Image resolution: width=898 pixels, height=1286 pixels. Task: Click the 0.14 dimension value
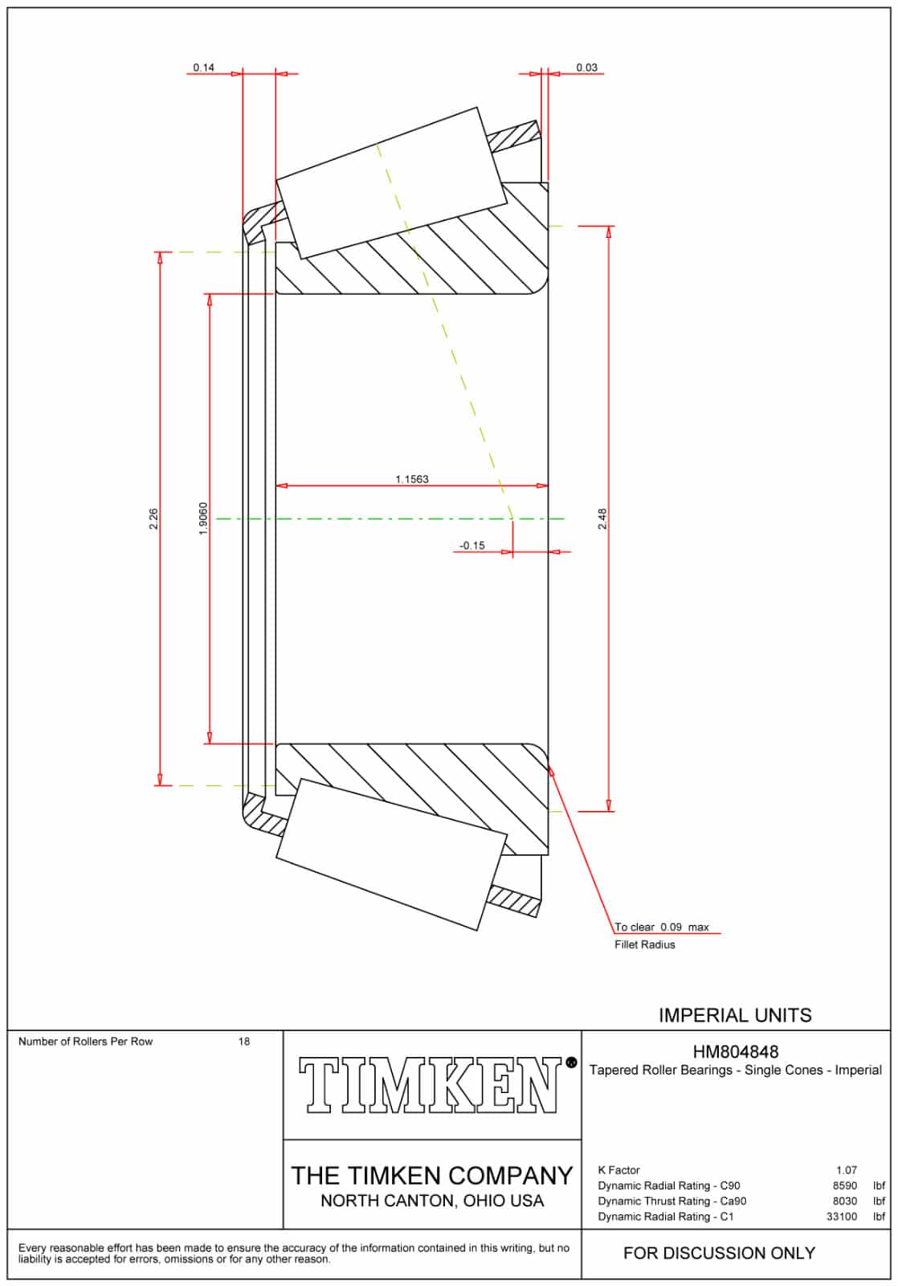pyautogui.click(x=204, y=68)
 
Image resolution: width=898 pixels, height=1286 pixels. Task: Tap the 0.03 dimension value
pyautogui.click(x=586, y=68)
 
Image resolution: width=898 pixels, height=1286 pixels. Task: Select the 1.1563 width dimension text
pyautogui.click(x=411, y=479)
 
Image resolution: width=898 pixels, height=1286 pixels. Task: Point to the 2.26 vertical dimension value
pyautogui.click(x=153, y=519)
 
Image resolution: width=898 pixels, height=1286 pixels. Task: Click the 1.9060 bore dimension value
pyautogui.click(x=203, y=518)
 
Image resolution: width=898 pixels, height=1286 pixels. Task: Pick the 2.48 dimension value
pyautogui.click(x=602, y=519)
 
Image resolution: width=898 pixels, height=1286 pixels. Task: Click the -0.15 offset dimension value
pyautogui.click(x=472, y=546)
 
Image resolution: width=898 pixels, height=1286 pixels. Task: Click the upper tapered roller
pyautogui.click(x=391, y=183)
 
